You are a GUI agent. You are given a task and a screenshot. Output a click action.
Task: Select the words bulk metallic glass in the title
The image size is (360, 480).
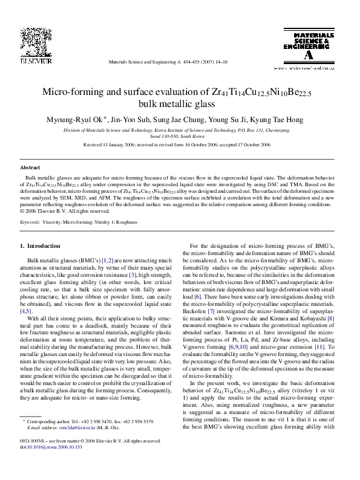(180, 105)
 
